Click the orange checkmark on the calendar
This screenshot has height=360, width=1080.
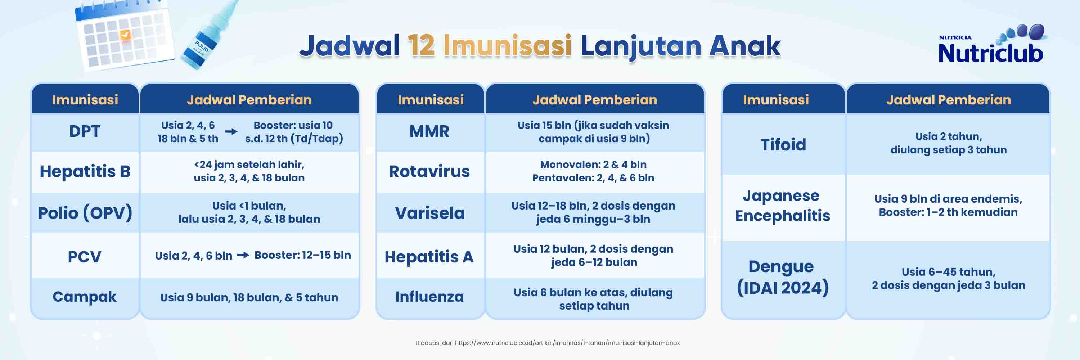[125, 34]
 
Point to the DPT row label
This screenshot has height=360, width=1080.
[85, 131]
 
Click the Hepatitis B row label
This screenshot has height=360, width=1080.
[85, 171]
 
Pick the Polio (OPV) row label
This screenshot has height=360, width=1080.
[85, 213]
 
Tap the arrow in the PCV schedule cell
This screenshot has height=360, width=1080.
[243, 255]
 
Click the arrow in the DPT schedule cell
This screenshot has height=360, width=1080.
[231, 132]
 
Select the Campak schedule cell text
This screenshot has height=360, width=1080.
[249, 298]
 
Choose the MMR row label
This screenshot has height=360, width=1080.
[429, 131]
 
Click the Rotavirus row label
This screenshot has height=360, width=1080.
[429, 171]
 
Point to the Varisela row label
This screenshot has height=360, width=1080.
[430, 213]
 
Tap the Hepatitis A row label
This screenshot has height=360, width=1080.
[429, 257]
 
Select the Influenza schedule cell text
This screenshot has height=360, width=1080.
[593, 299]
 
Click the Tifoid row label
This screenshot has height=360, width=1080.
[783, 145]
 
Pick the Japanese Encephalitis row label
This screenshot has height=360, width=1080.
[782, 205]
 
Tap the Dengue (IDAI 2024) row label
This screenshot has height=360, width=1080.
[783, 277]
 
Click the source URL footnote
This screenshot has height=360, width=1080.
[547, 343]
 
